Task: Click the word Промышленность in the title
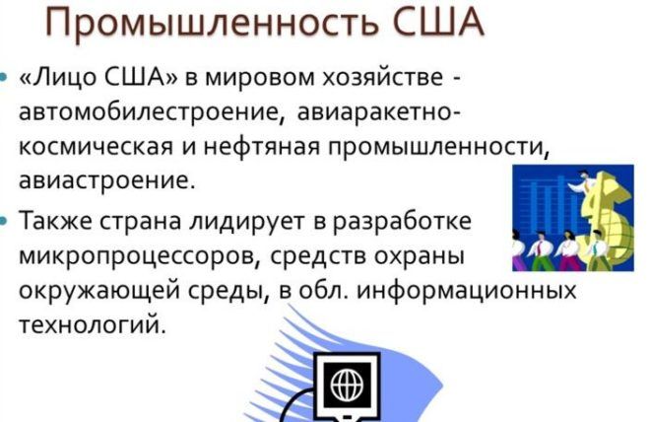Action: tap(212, 22)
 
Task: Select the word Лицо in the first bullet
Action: tap(59, 78)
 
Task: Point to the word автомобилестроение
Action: tap(152, 112)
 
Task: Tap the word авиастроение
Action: tap(106, 180)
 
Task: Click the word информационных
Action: tap(467, 291)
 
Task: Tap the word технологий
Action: tap(92, 324)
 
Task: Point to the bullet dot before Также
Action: tap(3, 220)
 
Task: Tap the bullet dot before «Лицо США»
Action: tap(3, 78)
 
